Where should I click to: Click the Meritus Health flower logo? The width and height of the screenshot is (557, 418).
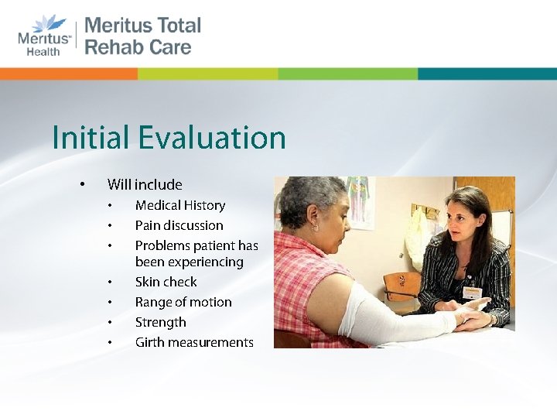[46, 22]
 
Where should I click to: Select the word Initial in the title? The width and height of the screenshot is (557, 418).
[91, 139]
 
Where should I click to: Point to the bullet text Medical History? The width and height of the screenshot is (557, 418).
[179, 205]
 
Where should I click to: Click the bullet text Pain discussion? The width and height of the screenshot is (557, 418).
[179, 225]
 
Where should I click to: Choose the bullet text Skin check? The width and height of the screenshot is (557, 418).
[166, 282]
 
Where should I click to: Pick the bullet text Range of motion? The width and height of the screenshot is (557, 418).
[183, 302]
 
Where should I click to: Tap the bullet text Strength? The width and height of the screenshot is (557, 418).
[160, 322]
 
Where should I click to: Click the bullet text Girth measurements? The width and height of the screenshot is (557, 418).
[194, 342]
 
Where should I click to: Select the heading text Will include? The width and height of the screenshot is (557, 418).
[145, 184]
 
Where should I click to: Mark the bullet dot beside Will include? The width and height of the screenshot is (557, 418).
[81, 184]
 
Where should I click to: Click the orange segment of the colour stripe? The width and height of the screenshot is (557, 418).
[69, 74]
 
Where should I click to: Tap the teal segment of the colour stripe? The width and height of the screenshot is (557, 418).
[487, 74]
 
